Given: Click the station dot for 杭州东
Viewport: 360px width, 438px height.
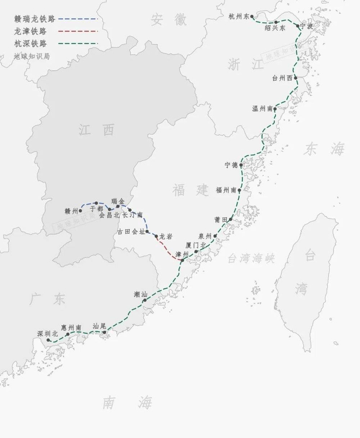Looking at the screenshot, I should tap(253, 16).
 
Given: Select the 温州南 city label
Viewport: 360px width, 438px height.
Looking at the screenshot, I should tap(262, 109).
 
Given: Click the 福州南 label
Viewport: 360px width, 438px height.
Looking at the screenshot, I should tap(226, 190).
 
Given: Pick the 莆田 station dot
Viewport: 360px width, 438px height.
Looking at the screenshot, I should tap(231, 219).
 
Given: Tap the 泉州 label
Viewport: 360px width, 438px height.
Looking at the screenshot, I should tap(205, 236).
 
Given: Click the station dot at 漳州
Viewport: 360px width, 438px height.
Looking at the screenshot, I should tap(182, 261).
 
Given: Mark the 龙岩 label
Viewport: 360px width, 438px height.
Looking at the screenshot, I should tap(165, 236).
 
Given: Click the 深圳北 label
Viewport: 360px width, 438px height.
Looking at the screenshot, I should tap(47, 334).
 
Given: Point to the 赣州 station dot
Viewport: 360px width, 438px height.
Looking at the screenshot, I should tap(80, 211).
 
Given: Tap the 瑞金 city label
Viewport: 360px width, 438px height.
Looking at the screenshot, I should tap(118, 201).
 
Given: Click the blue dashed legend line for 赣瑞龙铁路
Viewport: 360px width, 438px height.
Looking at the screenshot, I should tap(78, 19).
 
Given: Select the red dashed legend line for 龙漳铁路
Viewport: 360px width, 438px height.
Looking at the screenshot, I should tap(78, 31).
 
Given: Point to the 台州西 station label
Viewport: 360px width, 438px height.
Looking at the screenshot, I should tap(282, 78).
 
